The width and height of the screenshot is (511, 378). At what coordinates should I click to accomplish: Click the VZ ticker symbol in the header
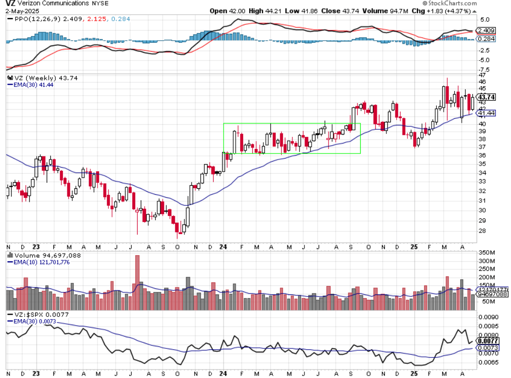(x=10, y=3)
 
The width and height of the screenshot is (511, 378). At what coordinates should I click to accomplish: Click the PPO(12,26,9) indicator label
(x=31, y=20)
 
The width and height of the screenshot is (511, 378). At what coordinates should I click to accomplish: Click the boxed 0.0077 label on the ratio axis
(x=489, y=341)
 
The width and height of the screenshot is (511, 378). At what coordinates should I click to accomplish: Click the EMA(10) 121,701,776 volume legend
(x=43, y=262)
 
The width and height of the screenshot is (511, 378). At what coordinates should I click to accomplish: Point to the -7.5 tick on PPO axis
(x=485, y=69)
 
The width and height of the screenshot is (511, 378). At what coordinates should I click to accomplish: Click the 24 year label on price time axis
(x=224, y=248)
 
